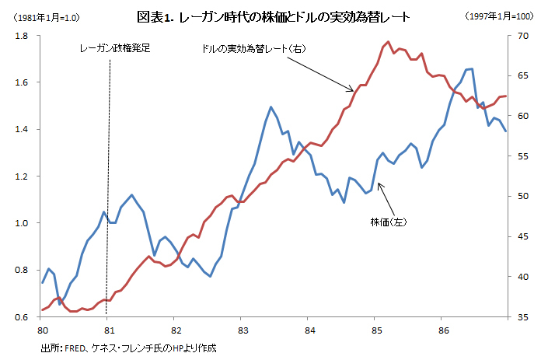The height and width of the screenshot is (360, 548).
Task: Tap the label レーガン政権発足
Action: (114, 48)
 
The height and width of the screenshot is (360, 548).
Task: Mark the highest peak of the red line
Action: (388, 41)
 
